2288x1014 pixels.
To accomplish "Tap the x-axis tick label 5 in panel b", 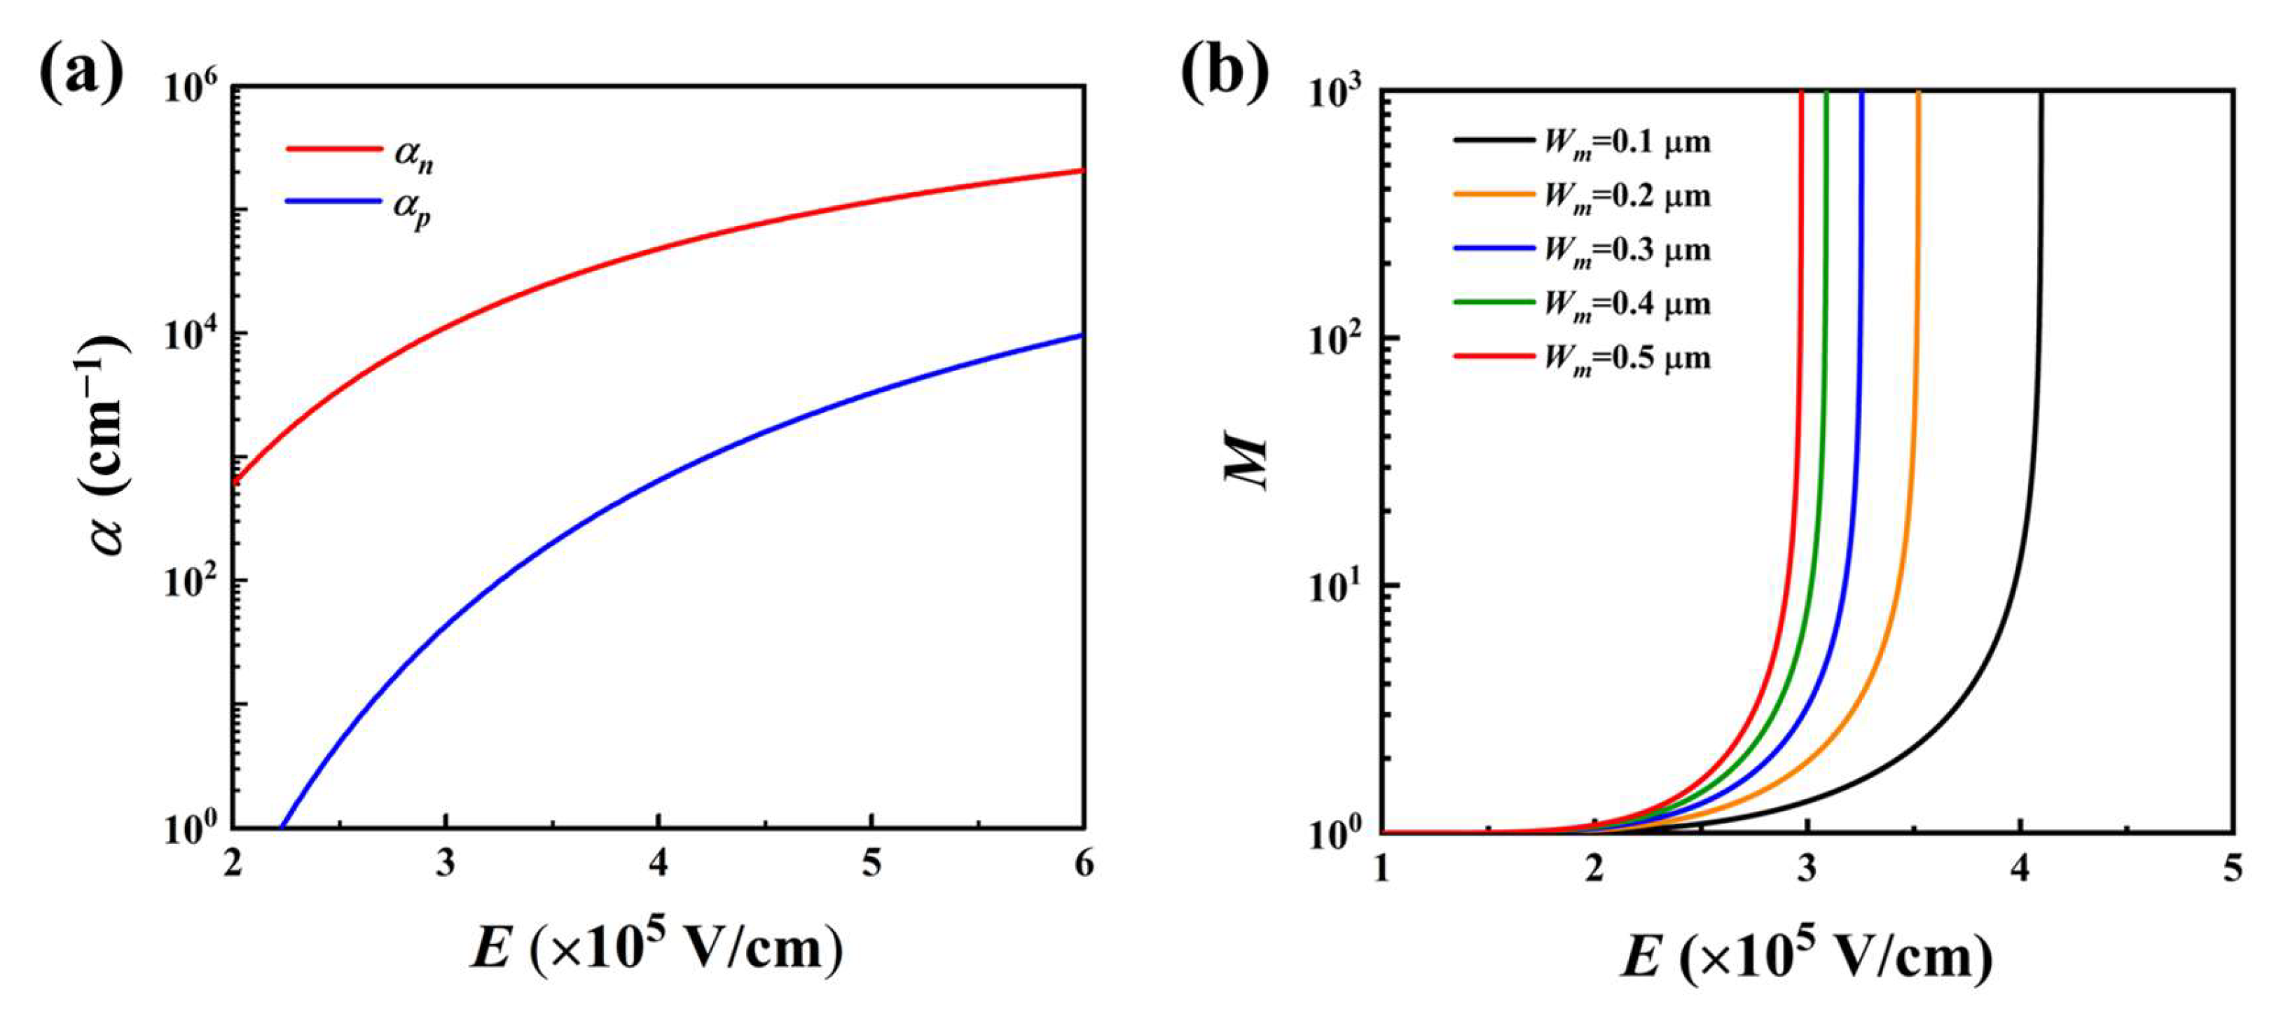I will coord(2233,868).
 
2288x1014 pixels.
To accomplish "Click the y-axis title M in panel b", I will coord(1247,461).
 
